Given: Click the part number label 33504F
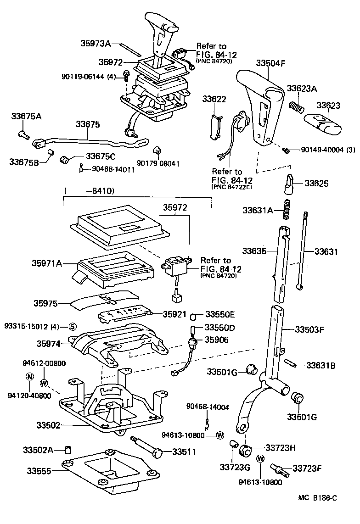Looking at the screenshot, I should click(x=271, y=64).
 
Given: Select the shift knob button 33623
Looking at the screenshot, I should click(x=322, y=123).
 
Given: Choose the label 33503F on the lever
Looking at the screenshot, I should click(x=309, y=329).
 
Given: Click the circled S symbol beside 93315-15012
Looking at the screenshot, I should click(x=72, y=327).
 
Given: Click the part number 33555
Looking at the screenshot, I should click(x=40, y=471).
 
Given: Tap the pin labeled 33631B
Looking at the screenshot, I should click(x=290, y=364).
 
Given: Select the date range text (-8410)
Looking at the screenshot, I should click(x=90, y=190).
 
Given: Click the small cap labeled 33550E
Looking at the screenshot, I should click(x=194, y=316).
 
